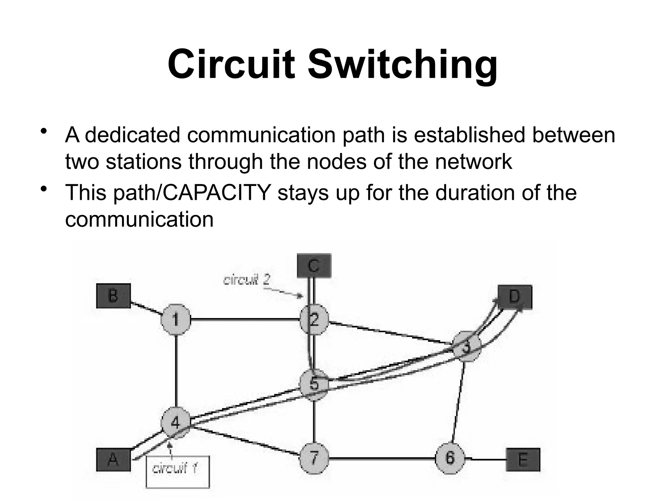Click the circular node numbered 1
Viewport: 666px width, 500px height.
click(176, 319)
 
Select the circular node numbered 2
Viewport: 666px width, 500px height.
click(314, 319)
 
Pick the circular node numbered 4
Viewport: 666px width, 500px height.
click(175, 423)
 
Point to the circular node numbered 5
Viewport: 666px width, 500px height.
click(314, 384)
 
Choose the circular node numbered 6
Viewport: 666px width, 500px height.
click(450, 458)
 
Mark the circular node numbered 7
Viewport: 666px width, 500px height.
click(314, 458)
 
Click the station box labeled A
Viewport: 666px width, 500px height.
click(113, 460)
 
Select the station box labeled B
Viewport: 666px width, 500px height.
click(113, 296)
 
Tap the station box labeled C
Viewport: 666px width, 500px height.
click(314, 266)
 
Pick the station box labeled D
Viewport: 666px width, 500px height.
click(515, 297)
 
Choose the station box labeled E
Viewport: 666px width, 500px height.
click(523, 460)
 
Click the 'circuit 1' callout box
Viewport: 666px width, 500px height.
click(178, 472)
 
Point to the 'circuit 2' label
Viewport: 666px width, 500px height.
click(246, 279)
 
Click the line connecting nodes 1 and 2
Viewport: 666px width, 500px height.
click(245, 320)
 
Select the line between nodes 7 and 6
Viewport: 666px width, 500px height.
click(382, 459)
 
